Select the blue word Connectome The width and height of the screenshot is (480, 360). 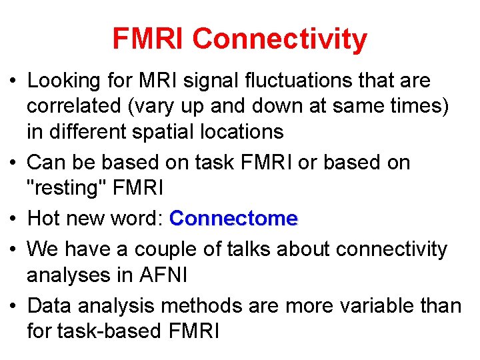pos(233,219)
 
